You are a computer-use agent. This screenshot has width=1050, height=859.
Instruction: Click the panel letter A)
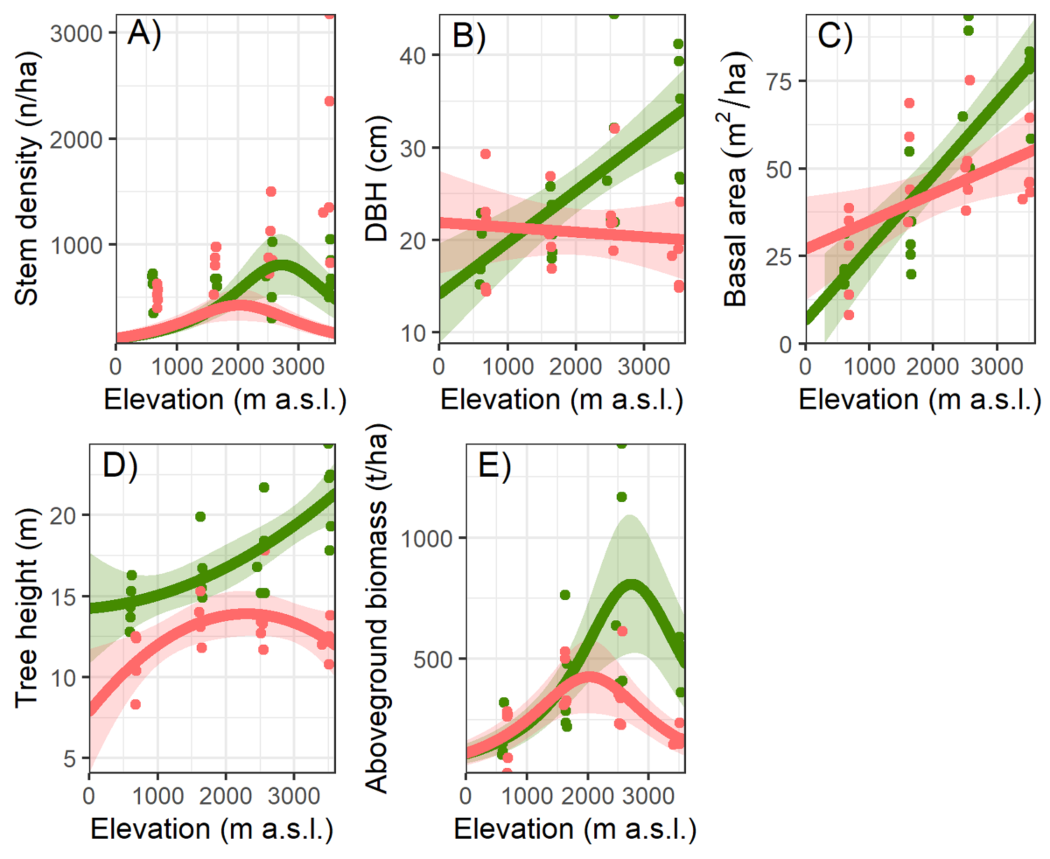[144, 33]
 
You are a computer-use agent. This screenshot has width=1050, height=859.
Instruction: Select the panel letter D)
[120, 464]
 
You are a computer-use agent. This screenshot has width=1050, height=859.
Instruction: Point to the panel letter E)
[494, 465]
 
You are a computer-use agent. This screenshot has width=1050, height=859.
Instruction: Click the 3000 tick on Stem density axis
[76, 34]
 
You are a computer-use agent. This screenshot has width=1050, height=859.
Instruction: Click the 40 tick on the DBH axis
[413, 55]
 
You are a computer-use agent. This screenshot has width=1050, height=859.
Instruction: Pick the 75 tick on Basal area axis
[778, 81]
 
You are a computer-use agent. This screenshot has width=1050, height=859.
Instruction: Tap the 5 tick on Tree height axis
[69, 758]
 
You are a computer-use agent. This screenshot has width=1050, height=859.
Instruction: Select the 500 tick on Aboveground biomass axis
[433, 659]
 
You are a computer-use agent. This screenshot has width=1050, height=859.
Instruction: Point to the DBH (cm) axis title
[377, 179]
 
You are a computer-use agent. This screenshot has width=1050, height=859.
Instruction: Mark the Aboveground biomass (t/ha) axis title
[377, 609]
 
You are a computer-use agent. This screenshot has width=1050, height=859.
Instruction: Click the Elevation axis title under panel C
[919, 400]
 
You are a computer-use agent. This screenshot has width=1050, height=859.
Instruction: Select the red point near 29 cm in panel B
[485, 154]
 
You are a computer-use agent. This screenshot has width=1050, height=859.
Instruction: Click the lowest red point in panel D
[135, 704]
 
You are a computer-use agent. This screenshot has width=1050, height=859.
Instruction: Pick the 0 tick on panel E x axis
[466, 795]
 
